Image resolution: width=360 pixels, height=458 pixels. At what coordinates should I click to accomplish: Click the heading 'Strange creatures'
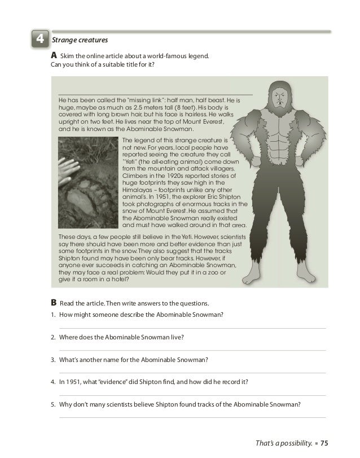(x=80, y=40)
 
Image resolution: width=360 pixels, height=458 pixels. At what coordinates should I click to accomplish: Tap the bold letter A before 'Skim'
(x=54, y=56)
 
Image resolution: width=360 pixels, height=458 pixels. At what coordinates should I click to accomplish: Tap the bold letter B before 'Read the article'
(x=54, y=302)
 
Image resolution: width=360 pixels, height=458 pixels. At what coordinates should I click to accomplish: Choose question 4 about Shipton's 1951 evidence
(x=153, y=381)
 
